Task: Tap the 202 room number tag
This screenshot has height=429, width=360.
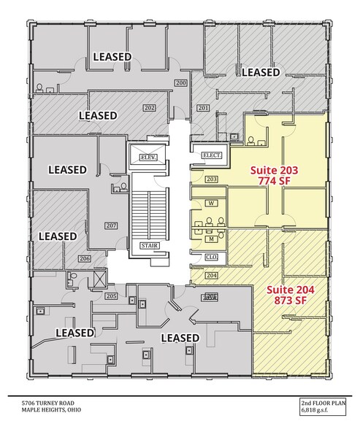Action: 150,109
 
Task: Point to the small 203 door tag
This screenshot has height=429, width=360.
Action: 212,179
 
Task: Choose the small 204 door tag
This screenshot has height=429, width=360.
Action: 212,275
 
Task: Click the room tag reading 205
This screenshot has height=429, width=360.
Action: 112,295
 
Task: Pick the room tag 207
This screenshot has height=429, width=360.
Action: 112,225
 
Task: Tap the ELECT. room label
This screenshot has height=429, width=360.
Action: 211,155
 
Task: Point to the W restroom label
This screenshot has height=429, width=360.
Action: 211,203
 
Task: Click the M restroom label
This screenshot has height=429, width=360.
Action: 211,237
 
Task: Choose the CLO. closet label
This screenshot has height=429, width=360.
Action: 211,256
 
